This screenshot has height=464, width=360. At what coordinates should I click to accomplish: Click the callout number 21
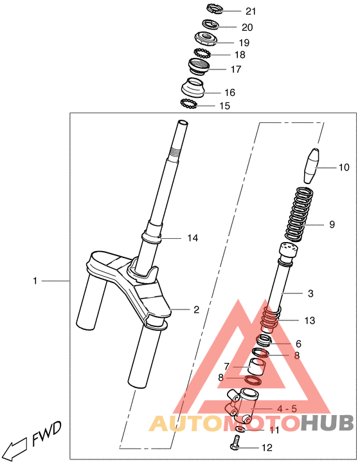[x=251, y=11]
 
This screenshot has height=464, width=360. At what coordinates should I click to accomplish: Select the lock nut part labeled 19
[x=206, y=39]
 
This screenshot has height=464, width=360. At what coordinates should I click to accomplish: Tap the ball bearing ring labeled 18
[x=202, y=53]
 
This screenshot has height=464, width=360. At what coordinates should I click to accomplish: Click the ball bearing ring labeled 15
[x=188, y=104]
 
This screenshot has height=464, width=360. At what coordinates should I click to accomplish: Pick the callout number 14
[x=192, y=238]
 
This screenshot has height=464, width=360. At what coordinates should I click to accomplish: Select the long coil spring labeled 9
[x=299, y=214]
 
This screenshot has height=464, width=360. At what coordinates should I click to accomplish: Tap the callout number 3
[x=310, y=293]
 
